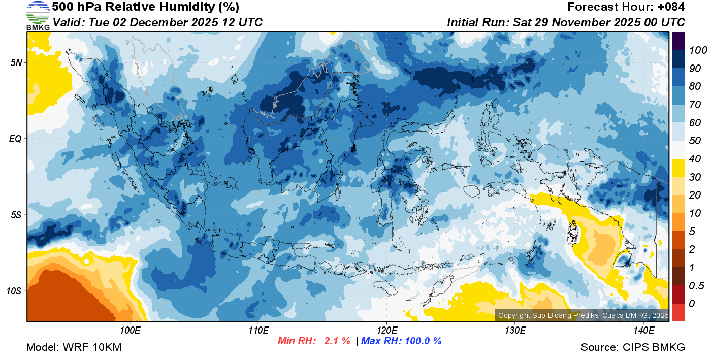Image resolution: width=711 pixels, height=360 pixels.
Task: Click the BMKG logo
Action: (x=38, y=15)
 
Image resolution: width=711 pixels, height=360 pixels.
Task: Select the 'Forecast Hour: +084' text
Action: (x=626, y=7)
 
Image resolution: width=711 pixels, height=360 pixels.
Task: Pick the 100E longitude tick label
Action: (x=130, y=331)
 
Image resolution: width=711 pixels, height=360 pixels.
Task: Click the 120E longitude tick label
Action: (x=386, y=331)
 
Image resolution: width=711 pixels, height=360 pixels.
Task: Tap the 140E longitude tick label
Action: (x=643, y=331)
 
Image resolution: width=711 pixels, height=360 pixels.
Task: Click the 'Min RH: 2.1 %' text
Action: (x=314, y=341)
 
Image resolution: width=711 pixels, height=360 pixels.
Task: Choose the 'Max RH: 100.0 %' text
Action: (x=401, y=341)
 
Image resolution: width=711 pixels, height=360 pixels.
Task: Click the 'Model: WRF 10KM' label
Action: (x=74, y=347)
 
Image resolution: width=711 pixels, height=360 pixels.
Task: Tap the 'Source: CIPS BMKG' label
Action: (x=633, y=347)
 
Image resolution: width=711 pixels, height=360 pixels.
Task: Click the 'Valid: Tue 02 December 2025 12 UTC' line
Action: (x=157, y=22)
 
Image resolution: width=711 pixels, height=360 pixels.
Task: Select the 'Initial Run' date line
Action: (x=566, y=22)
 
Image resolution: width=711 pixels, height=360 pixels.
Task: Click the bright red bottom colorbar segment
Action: (x=678, y=312)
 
